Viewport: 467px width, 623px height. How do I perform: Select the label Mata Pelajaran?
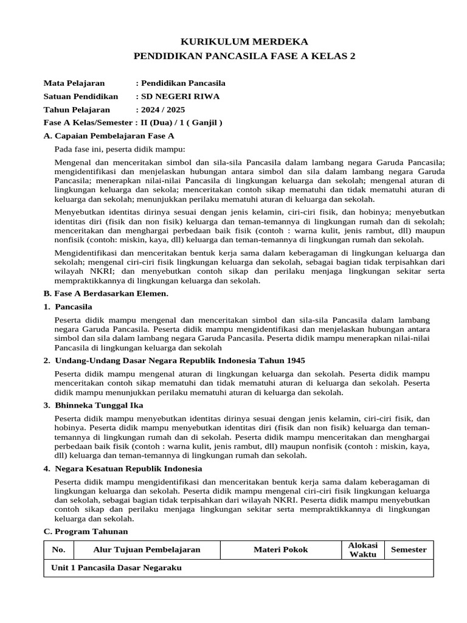74,83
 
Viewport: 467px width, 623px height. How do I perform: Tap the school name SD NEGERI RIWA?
180,97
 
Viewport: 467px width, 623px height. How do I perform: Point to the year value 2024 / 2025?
162,110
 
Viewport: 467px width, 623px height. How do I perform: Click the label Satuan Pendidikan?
81,97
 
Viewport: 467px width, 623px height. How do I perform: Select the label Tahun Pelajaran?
77,110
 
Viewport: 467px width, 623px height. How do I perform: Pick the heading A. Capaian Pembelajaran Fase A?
109,136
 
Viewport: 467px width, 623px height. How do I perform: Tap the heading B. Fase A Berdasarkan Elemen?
106,294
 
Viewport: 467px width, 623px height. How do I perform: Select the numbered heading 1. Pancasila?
68,307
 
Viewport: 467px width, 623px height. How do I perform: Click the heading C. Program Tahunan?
83,531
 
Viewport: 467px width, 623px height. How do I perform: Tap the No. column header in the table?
58,550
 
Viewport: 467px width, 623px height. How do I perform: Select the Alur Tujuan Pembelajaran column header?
147,550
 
